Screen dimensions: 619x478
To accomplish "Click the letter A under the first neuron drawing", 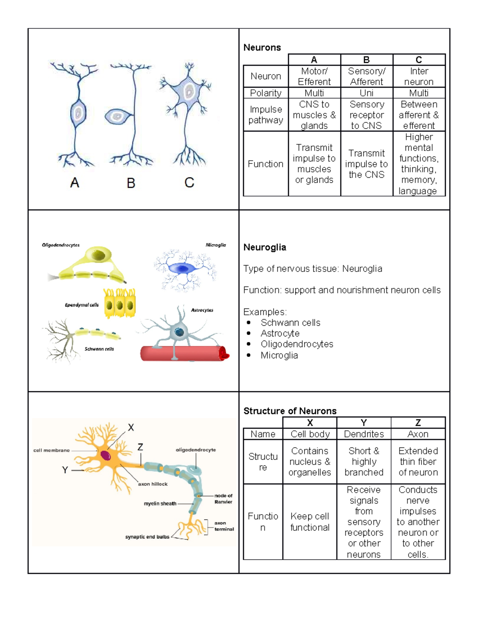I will coord(74,183).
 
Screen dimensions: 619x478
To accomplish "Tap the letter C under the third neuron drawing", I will coord(189,183).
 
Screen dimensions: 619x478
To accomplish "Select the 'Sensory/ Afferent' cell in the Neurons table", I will coord(366,76).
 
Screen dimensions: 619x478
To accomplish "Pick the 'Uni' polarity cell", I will coord(366,93).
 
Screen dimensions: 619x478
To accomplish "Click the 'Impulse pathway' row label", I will coord(266,115).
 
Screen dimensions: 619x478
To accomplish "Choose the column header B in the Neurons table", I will coord(366,60).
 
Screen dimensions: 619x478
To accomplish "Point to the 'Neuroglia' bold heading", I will coord(264,247).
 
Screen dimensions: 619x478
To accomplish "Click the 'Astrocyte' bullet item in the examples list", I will coord(280,333).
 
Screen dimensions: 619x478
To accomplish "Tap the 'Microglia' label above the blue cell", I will coord(215,245).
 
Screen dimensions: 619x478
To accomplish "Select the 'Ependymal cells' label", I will coord(82,305).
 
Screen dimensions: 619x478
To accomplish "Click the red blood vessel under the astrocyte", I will coord(183,354).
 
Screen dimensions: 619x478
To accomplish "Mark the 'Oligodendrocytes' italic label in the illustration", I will coord(61,245).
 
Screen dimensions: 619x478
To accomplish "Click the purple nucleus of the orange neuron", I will coord(106,455).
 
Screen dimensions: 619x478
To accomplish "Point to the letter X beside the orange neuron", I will coord(131,428).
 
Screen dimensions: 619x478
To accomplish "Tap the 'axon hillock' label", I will coord(153,484).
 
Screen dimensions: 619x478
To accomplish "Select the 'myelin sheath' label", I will coord(160,503).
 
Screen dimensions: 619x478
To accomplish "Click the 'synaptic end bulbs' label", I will coord(147,537).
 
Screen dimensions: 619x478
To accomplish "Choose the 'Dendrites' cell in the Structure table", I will coord(364,434).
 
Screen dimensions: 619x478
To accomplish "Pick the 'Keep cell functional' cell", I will coord(310,522).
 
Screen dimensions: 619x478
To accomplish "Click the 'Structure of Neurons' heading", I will coord(290,411).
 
